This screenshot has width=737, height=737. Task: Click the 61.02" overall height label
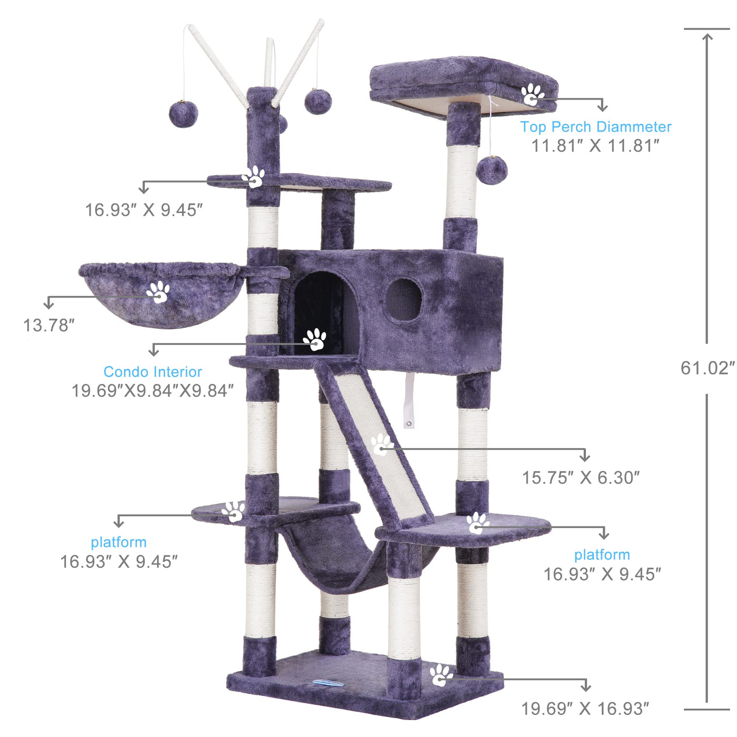point(708,368)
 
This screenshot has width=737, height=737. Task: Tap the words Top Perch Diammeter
point(595,126)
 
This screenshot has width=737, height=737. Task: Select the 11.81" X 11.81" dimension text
point(595,146)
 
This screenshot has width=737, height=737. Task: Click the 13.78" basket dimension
point(49,325)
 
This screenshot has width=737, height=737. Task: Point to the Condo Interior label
point(153,371)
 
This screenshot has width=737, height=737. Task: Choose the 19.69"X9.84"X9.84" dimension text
point(153,391)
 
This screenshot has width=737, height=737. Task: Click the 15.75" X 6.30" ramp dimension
point(581,477)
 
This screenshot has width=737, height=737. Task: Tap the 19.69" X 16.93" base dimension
point(585,709)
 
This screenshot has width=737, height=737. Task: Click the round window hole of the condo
point(403,300)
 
